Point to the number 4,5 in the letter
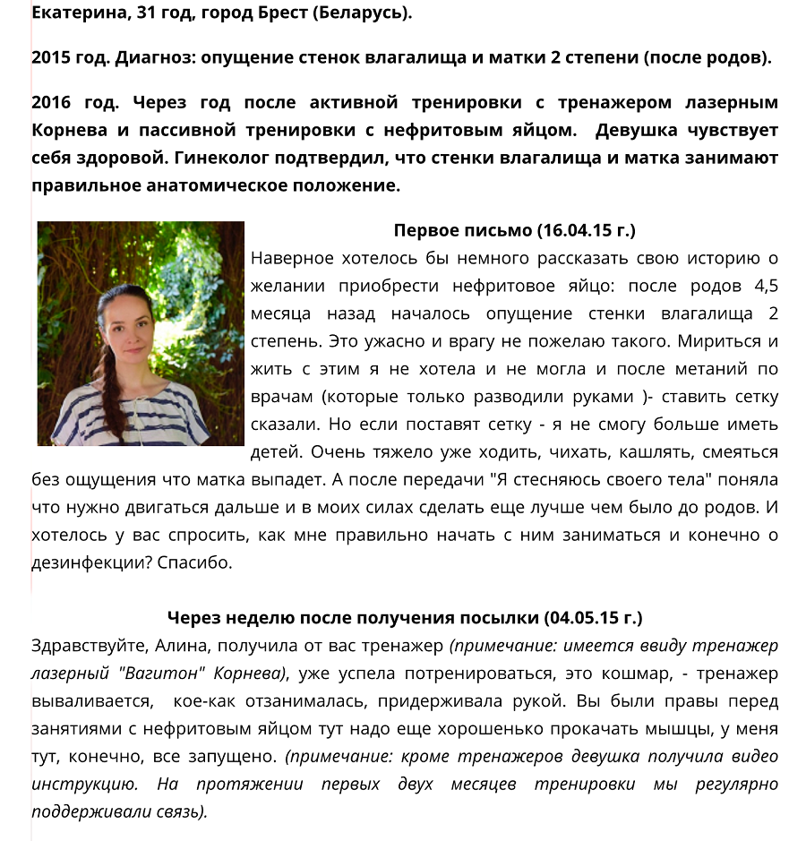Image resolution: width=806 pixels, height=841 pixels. pyautogui.click(x=762, y=287)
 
